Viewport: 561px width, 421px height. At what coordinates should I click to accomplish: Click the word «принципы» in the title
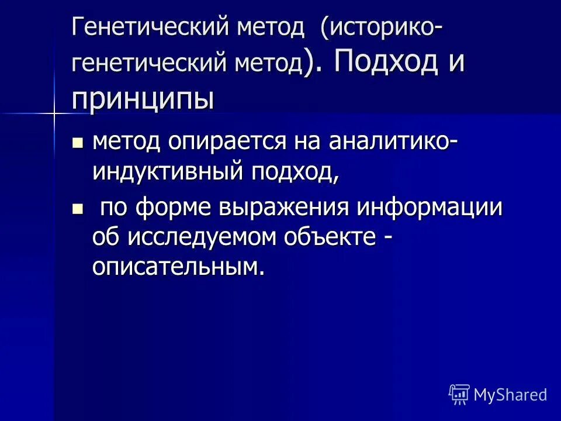coord(143,98)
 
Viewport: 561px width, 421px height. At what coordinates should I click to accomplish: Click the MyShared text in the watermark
coord(510,395)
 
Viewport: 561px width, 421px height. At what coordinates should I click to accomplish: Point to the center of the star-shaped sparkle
coord(54,112)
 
